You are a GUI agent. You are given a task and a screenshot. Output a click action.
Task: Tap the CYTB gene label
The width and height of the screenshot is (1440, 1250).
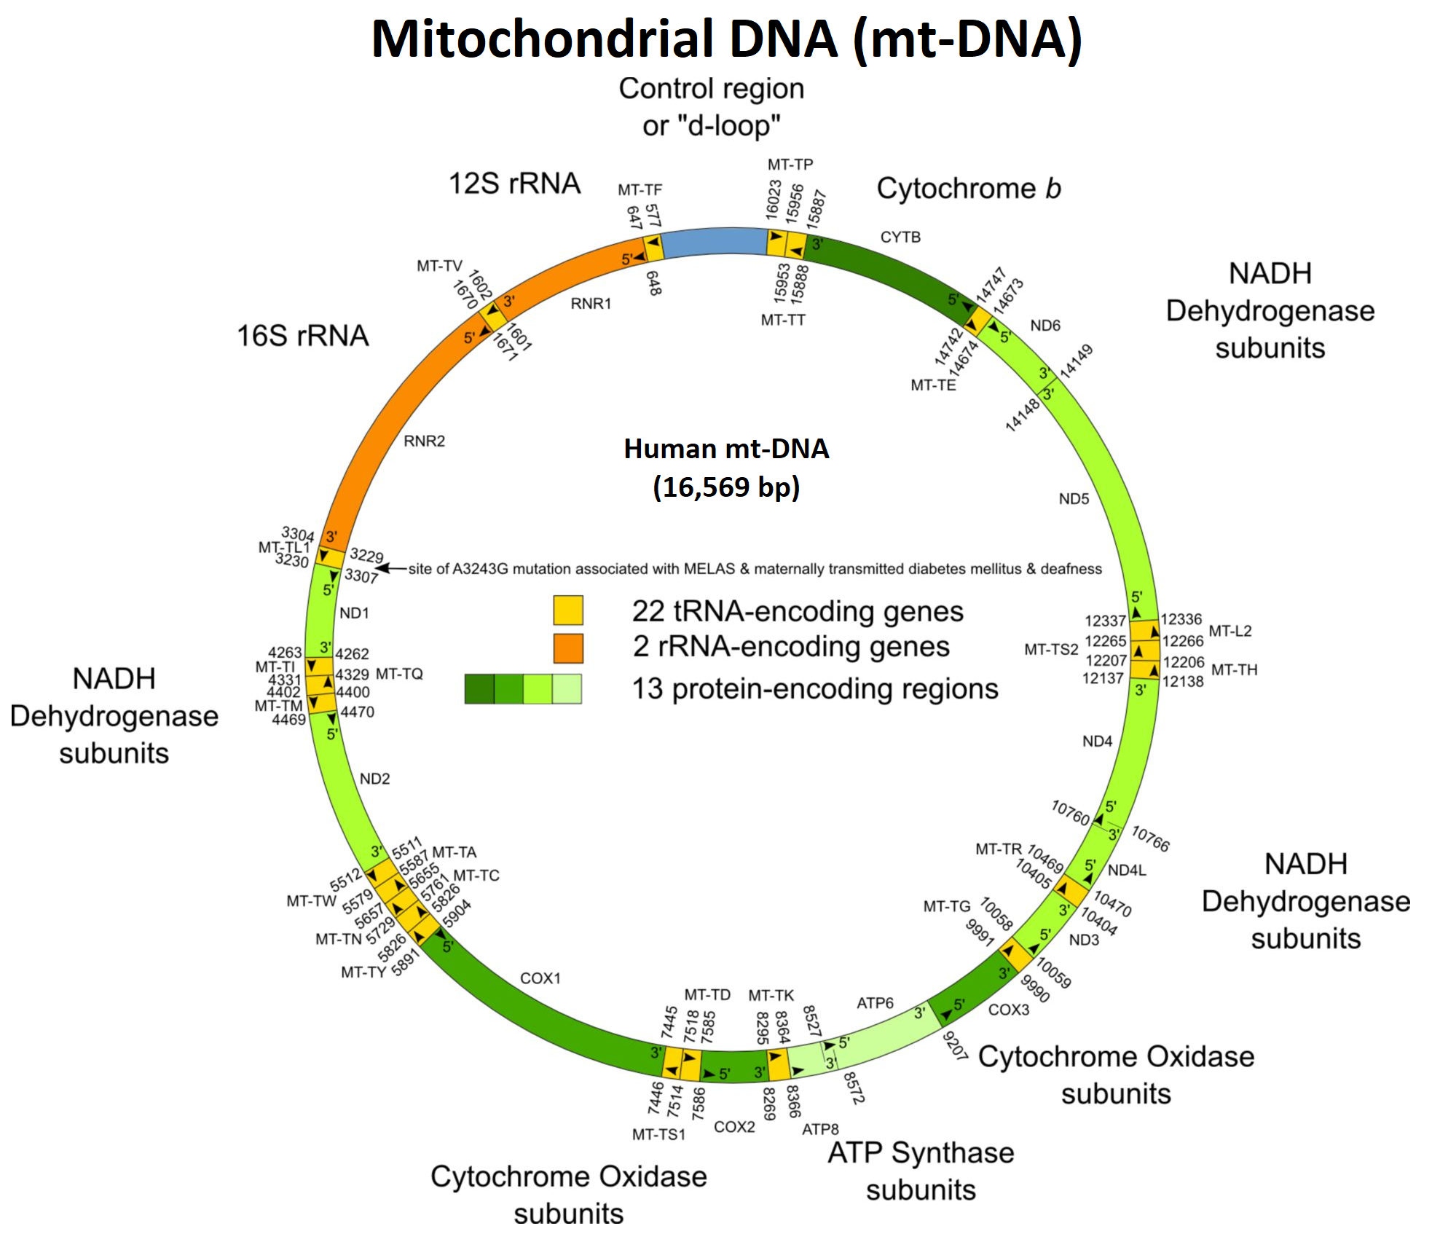(x=900, y=237)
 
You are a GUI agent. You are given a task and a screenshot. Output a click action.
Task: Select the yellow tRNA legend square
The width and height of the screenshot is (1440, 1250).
(x=568, y=610)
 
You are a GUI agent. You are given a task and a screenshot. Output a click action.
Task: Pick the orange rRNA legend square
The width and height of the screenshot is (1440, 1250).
(x=568, y=648)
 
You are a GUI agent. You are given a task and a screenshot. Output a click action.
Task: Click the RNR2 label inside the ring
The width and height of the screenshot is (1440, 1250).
(x=424, y=441)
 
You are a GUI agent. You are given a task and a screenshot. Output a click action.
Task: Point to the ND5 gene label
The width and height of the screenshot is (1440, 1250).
(x=1074, y=499)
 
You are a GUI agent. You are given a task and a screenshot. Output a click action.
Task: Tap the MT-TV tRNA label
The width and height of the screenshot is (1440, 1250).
(x=439, y=266)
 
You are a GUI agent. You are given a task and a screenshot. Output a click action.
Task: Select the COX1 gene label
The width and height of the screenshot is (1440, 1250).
(x=540, y=978)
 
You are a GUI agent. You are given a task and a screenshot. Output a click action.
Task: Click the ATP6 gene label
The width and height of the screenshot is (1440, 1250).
(x=875, y=1003)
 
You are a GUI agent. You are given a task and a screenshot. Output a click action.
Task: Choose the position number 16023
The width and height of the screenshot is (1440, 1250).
(x=774, y=200)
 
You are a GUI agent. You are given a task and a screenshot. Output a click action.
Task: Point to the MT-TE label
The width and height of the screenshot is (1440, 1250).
(x=933, y=385)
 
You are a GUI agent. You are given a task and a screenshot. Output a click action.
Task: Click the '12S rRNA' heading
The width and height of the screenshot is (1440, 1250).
(x=514, y=184)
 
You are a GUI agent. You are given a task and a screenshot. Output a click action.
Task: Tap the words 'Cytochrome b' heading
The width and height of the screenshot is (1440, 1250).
(x=968, y=189)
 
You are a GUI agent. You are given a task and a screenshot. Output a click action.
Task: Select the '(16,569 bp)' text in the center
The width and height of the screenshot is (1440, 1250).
(x=726, y=487)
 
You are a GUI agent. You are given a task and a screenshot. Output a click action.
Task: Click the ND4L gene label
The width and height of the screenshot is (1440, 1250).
(x=1127, y=870)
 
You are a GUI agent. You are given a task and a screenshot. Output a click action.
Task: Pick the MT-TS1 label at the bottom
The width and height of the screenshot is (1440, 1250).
(x=658, y=1134)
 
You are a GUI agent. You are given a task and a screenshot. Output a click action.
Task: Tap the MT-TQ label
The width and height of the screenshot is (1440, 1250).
(x=399, y=674)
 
